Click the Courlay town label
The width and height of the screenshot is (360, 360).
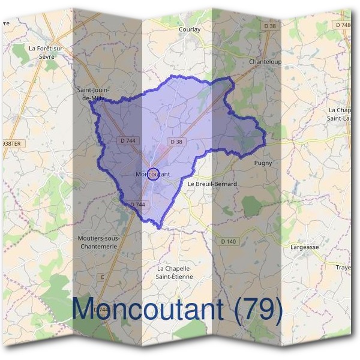tap(189, 29)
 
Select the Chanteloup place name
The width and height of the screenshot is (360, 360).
tap(265, 62)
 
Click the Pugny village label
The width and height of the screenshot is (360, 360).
tap(263, 163)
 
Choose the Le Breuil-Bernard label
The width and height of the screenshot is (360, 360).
tap(212, 184)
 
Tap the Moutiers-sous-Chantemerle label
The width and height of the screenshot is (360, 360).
tap(98, 242)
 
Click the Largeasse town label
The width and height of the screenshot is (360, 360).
tap(305, 247)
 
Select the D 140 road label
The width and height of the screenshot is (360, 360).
tap(229, 241)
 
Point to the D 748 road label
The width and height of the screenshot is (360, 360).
tap(343, 25)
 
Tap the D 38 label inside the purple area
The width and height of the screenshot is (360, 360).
tap(176, 142)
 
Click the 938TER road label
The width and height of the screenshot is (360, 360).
tap(11, 144)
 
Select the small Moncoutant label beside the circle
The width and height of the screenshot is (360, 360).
tap(154, 174)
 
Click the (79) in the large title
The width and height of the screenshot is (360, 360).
tap(258, 308)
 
